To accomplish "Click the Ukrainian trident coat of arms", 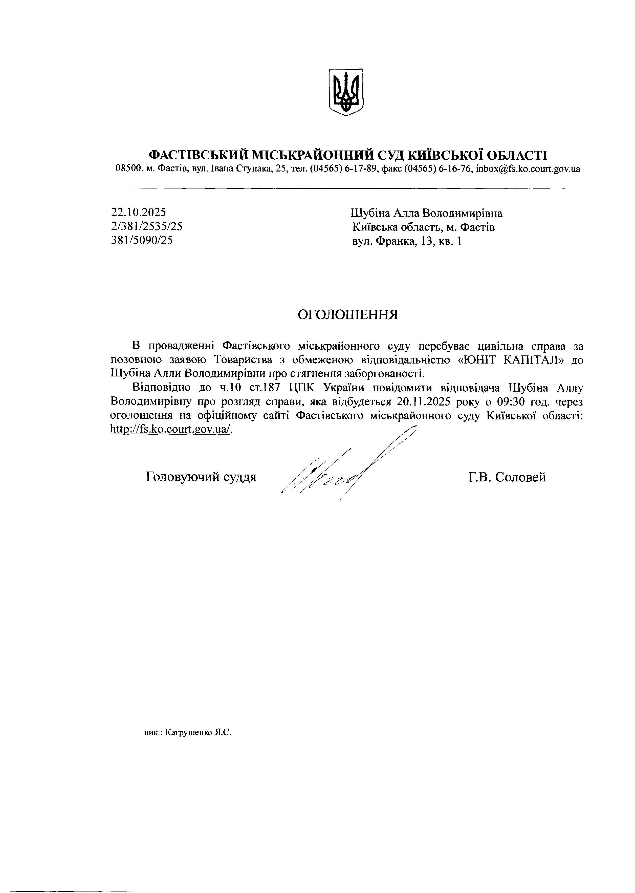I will [346, 92].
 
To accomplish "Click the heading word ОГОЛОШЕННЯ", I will [348, 314].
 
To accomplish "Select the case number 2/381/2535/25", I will [147, 226].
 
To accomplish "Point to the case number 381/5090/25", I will [142, 240].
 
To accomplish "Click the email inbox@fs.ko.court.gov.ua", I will [528, 169].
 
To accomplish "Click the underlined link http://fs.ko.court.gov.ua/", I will [171, 429].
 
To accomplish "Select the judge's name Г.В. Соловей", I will [507, 477].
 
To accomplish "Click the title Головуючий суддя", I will [201, 477].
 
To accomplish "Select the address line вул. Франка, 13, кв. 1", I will [407, 241].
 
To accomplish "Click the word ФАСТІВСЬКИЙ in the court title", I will [198, 155].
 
